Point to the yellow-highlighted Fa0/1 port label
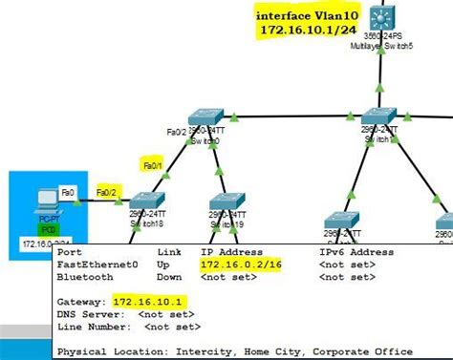pos(154,164)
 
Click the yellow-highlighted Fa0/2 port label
pos(110,191)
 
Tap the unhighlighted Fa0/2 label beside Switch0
pos(176,132)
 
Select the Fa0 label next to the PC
pos(68,191)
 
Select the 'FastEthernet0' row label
pos(97,264)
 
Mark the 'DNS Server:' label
pos(92,313)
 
